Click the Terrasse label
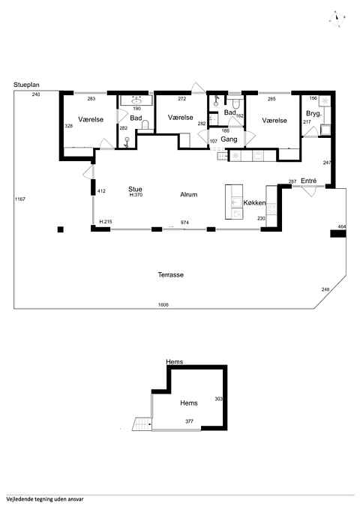pyautogui.click(x=170, y=275)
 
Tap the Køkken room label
pyautogui.click(x=255, y=203)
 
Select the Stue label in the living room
pyautogui.click(x=135, y=189)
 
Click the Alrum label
pyautogui.click(x=189, y=195)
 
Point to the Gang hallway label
pyautogui.click(x=229, y=139)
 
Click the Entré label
pyautogui.click(x=309, y=181)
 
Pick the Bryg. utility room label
pyautogui.click(x=313, y=114)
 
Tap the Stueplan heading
pyautogui.click(x=26, y=85)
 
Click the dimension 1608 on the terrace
pyautogui.click(x=163, y=305)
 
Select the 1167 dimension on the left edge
pyautogui.click(x=20, y=199)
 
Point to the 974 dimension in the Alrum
pyautogui.click(x=184, y=223)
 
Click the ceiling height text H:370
pyautogui.click(x=136, y=195)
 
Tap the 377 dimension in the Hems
pyautogui.click(x=189, y=421)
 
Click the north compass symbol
pyautogui.click(x=337, y=18)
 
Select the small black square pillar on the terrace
pyautogui.click(x=61, y=229)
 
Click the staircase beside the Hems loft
pyautogui.click(x=142, y=424)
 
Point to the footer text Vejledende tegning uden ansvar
pyautogui.click(x=45, y=499)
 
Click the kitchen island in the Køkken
pyautogui.click(x=234, y=202)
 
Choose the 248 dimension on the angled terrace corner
pyautogui.click(x=325, y=289)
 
